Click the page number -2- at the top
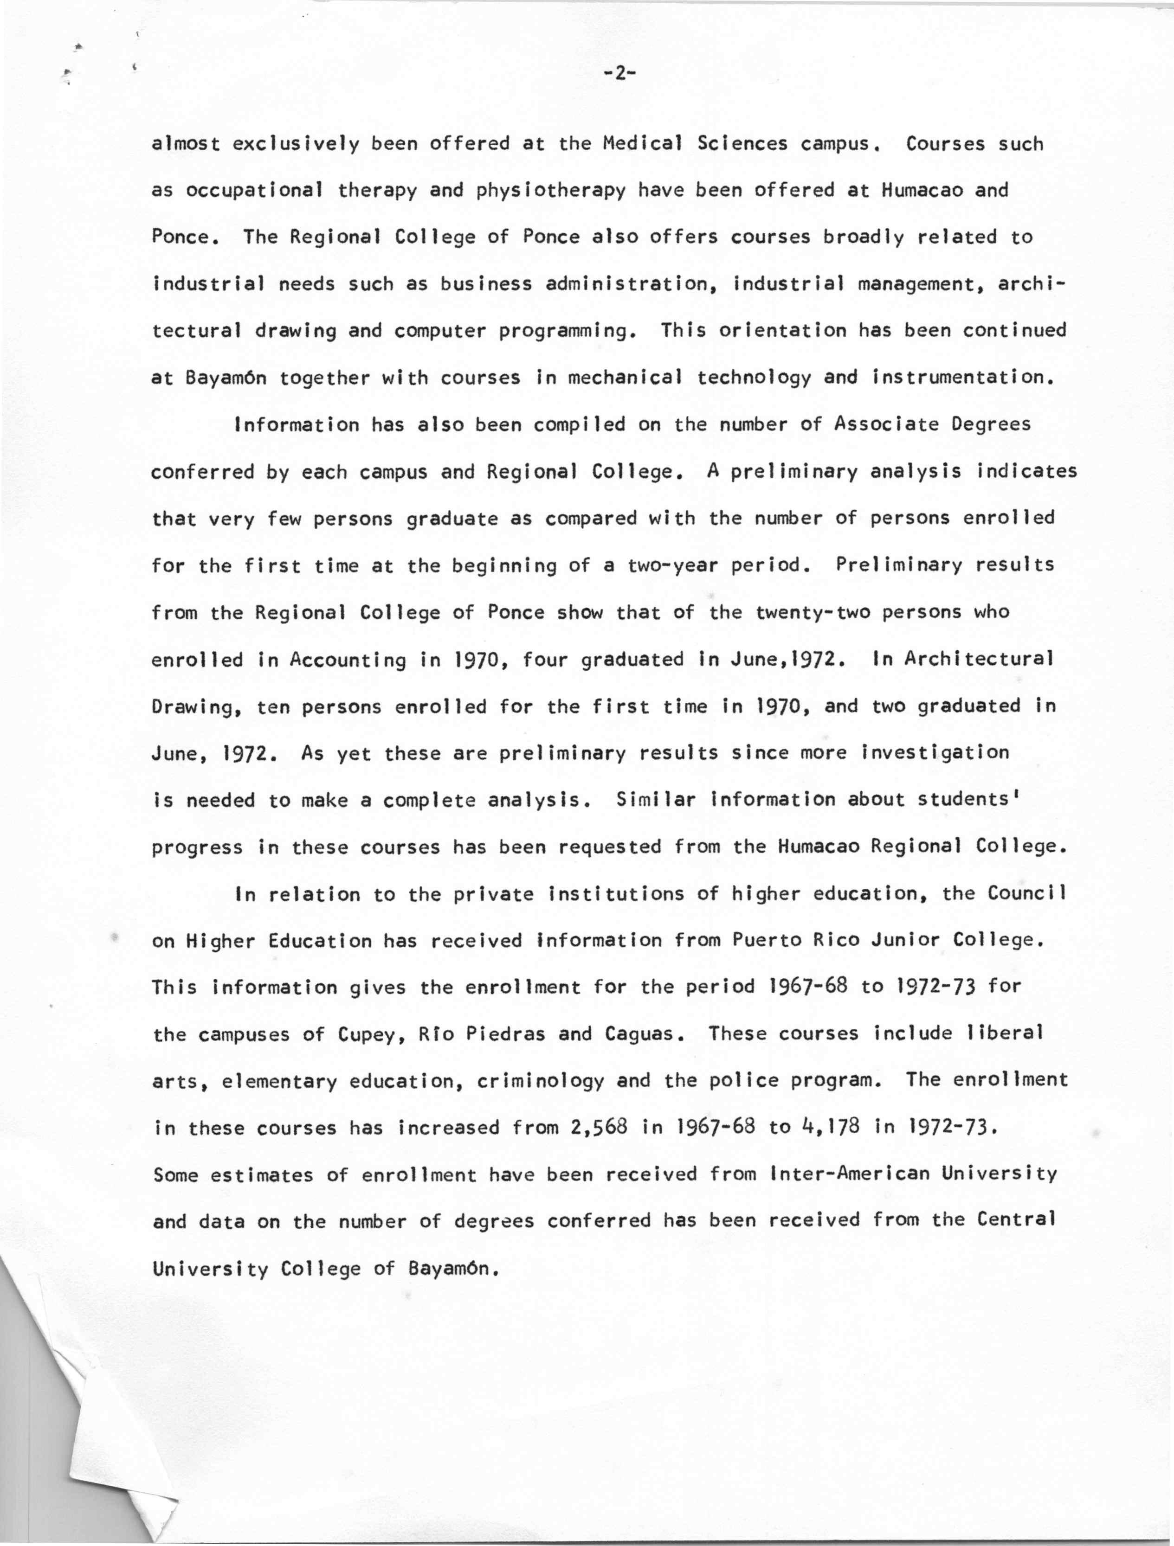point(618,73)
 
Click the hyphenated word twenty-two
point(813,612)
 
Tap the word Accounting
point(348,660)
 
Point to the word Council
point(1027,893)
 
